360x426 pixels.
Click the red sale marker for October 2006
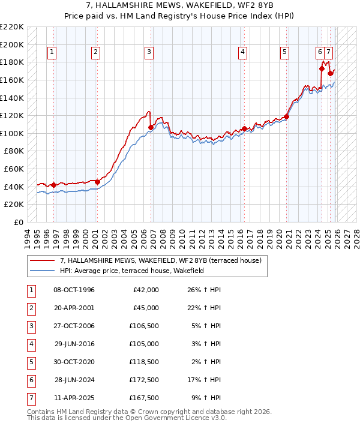[151, 127]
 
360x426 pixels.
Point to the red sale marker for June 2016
[244, 128]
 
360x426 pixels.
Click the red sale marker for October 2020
[287, 116]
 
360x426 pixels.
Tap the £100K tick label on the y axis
[12, 133]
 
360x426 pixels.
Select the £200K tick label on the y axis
[12, 44]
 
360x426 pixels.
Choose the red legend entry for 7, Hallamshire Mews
[160, 261]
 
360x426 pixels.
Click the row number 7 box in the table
[31, 397]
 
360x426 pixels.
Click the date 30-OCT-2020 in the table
[74, 362]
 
